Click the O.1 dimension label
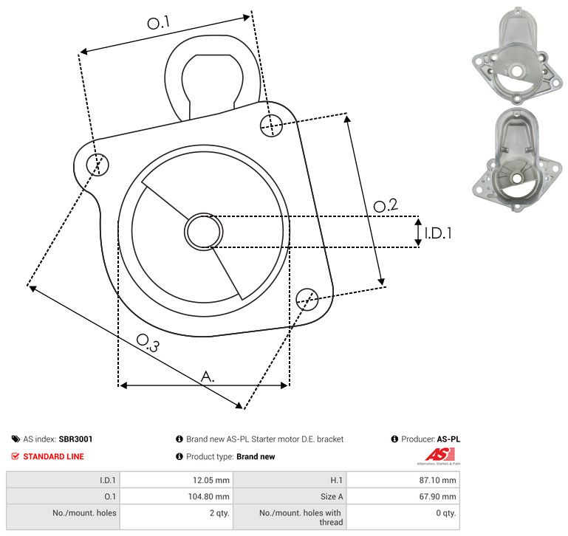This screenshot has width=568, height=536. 159,22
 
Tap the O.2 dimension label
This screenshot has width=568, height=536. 386,205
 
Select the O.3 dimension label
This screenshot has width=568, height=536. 148,343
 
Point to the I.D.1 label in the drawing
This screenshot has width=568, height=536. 438,233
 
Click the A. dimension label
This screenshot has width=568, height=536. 208,377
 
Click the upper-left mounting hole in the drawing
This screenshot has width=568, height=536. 97,165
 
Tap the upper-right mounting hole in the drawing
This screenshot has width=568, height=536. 271,126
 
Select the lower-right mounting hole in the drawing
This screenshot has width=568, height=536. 307,299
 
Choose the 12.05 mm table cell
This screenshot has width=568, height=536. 177,480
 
